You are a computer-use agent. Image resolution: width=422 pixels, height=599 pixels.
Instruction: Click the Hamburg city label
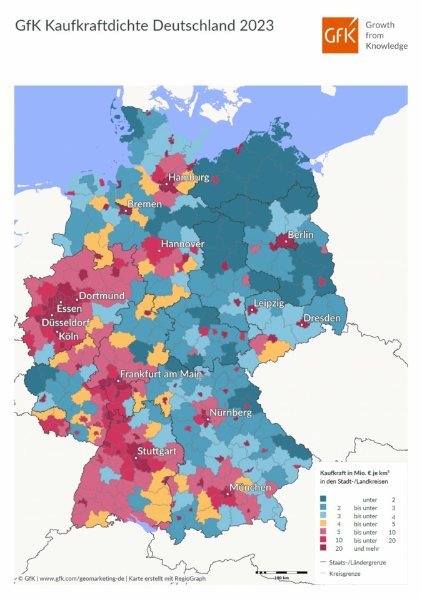[188, 178]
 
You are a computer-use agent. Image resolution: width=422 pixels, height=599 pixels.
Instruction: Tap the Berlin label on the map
[300, 234]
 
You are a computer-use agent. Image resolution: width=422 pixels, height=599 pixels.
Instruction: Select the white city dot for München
[228, 494]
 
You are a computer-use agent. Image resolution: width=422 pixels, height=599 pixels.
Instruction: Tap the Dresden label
[322, 318]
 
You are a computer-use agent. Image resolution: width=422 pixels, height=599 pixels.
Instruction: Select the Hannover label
[183, 243]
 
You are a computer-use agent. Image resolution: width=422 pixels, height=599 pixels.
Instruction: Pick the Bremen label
[144, 204]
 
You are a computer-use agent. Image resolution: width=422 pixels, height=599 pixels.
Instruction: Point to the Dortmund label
[101, 295]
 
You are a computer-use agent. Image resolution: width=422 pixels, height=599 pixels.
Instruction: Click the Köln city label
[70, 336]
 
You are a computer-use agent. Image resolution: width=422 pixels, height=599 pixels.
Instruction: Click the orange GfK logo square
[340, 35]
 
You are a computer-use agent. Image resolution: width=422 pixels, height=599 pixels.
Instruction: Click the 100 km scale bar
[281, 572]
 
